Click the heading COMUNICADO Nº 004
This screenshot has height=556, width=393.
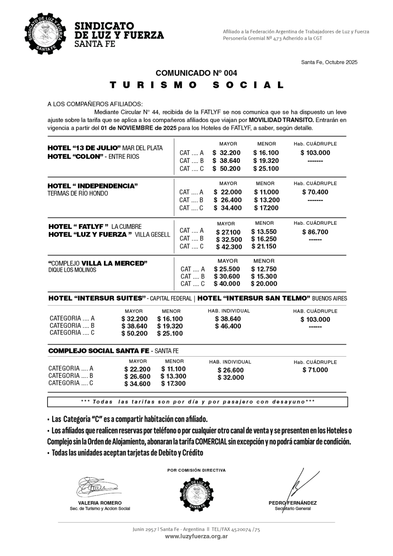(196, 73)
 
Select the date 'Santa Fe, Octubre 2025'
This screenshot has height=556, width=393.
(329, 62)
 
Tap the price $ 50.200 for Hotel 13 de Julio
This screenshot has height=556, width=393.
(226, 169)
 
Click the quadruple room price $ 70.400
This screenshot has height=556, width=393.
(315, 192)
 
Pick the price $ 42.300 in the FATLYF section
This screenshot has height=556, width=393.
(229, 247)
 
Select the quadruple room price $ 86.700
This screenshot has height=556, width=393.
(315, 232)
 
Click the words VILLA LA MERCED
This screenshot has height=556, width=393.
(114, 263)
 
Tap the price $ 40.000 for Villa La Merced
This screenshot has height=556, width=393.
(227, 284)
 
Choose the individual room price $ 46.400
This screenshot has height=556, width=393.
(228, 326)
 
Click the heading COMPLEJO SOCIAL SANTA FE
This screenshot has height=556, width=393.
(99, 351)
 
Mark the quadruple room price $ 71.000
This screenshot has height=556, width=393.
(315, 370)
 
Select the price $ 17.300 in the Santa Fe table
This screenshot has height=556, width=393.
(173, 384)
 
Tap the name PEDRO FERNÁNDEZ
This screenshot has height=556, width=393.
(293, 503)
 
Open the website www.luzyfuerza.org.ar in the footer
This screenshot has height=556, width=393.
(196, 536)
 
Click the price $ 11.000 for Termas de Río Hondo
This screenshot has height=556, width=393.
(266, 192)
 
